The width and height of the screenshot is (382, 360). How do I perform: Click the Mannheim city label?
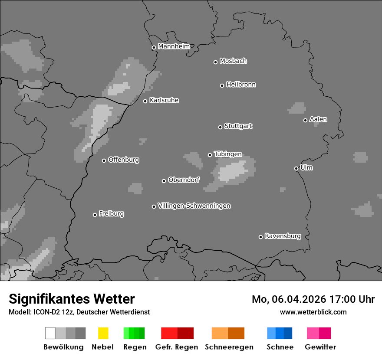tap(174, 46)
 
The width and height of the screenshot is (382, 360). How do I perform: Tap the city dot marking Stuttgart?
tap(220, 127)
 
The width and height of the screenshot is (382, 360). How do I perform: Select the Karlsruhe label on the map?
tap(164, 100)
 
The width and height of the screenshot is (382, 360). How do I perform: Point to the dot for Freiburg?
tap(95, 215)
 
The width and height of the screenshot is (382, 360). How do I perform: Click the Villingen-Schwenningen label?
tap(194, 206)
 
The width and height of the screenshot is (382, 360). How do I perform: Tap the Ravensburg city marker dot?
tap(260, 237)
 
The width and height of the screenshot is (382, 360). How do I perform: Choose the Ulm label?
tap(306, 167)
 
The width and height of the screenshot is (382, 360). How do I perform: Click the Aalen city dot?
tap(305, 120)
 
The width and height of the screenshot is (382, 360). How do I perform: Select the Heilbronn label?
tap(241, 85)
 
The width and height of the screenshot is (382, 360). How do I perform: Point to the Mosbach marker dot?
tap(215, 62)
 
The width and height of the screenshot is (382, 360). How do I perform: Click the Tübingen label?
tap(228, 154)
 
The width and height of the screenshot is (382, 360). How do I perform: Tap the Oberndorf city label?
tap(184, 180)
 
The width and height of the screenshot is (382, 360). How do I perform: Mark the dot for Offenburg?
tap(104, 160)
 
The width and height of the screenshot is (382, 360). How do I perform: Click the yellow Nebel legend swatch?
tap(103, 333)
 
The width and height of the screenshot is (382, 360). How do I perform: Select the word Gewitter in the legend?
tap(320, 347)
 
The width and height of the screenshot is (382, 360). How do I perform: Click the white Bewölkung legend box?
tap(50, 333)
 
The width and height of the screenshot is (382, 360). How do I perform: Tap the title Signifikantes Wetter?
tap(72, 299)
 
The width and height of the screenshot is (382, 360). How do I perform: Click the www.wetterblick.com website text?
tap(313, 312)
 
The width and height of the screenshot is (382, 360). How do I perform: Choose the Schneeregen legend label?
tap(229, 347)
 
